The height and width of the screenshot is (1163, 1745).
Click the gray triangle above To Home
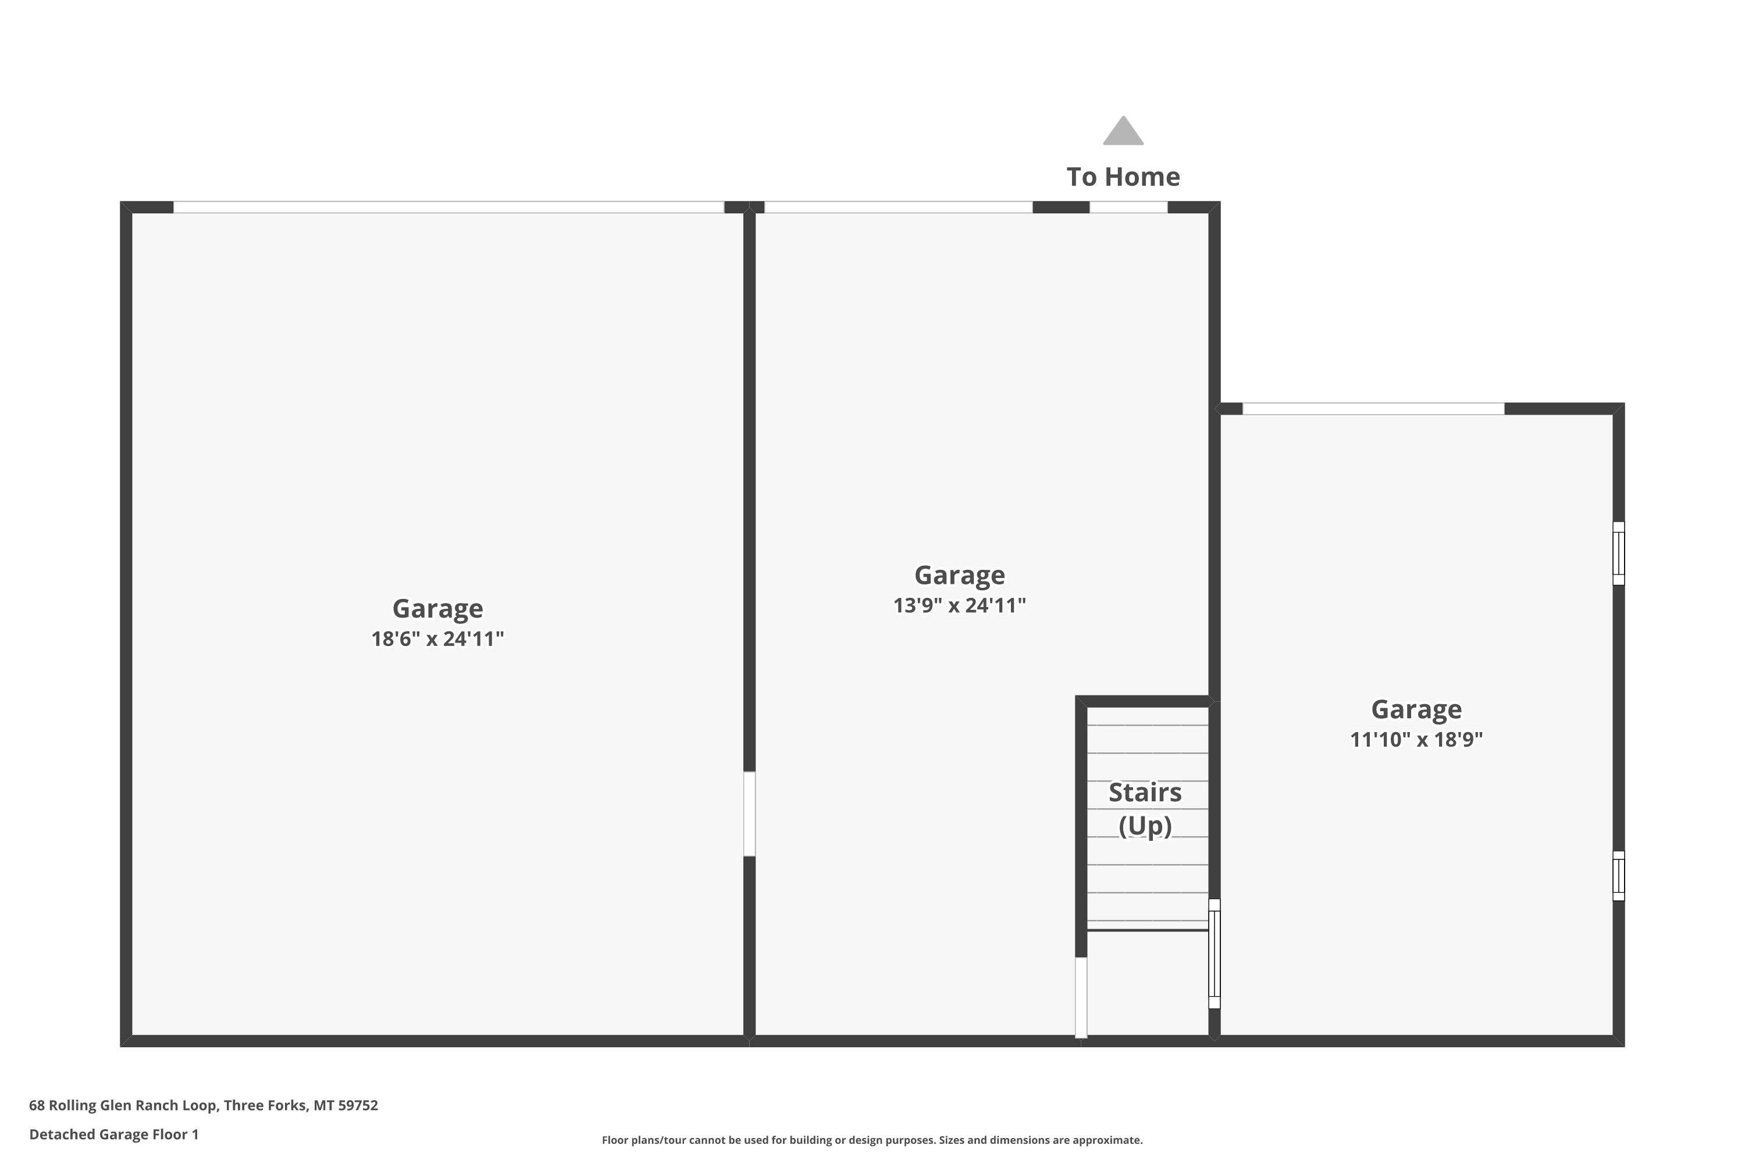click(1123, 131)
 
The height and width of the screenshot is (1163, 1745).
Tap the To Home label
click(1123, 177)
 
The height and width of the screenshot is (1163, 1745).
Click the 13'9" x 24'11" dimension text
click(959, 605)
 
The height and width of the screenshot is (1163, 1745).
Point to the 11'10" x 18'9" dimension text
click(1416, 740)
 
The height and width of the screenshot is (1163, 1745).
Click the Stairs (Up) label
click(1145, 808)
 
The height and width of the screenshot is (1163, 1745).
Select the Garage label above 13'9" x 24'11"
click(959, 575)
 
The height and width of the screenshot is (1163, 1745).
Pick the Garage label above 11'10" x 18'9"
click(1416, 709)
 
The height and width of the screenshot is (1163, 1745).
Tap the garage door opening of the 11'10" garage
click(1373, 409)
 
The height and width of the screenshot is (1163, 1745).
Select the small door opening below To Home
click(1128, 207)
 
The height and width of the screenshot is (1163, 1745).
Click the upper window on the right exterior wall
click(1618, 554)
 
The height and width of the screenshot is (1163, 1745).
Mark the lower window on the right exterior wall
click(1618, 876)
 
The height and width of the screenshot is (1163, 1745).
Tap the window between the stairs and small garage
click(1214, 954)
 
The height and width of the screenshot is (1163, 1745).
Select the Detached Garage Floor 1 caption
click(113, 1134)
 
